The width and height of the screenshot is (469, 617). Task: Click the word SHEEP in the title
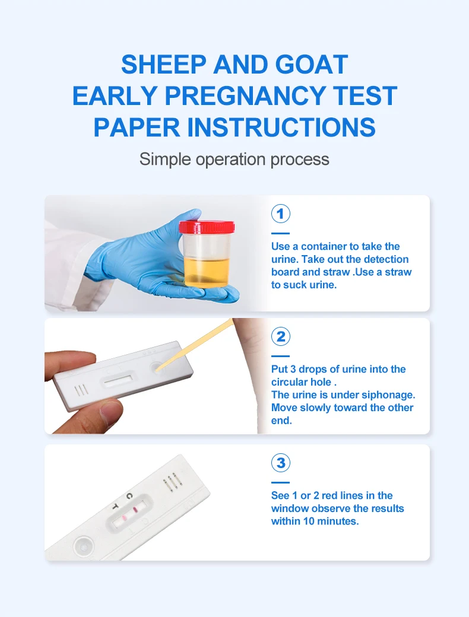pyautogui.click(x=161, y=64)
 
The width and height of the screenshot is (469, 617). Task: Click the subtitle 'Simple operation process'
pyautogui.click(x=234, y=159)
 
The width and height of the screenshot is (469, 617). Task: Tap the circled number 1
pyautogui.click(x=280, y=214)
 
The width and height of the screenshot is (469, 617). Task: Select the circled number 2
pyautogui.click(x=280, y=337)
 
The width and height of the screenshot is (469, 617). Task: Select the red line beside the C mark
pyautogui.click(x=136, y=510)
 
